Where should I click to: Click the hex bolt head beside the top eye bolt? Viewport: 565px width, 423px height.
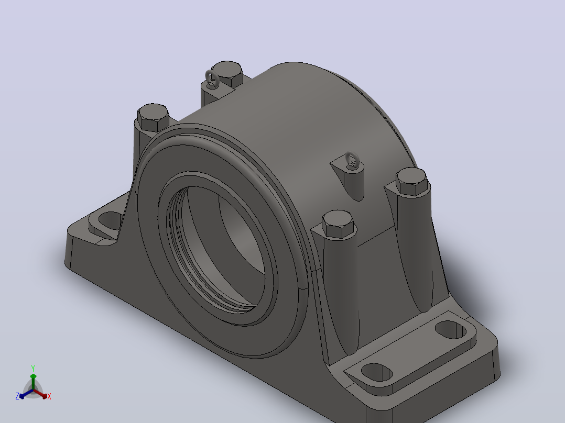[x=226, y=74]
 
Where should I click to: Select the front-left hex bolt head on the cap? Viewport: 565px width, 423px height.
[x=153, y=117]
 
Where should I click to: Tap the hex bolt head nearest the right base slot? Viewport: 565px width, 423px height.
[x=338, y=224]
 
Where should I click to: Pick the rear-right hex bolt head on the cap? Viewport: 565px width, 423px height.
[x=411, y=182]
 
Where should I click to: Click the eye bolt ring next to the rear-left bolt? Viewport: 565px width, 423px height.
[x=212, y=79]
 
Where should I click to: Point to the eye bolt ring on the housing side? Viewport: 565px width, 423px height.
[x=352, y=160]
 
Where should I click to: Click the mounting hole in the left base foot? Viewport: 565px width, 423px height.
[x=111, y=220]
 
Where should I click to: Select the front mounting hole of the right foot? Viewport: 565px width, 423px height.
[x=376, y=372]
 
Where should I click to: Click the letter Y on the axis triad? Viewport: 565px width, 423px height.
[x=33, y=368]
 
